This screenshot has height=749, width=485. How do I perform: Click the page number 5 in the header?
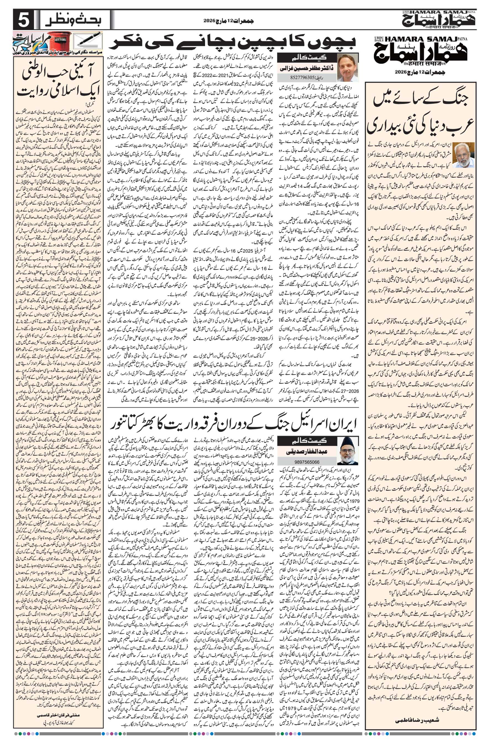pos(23,22)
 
